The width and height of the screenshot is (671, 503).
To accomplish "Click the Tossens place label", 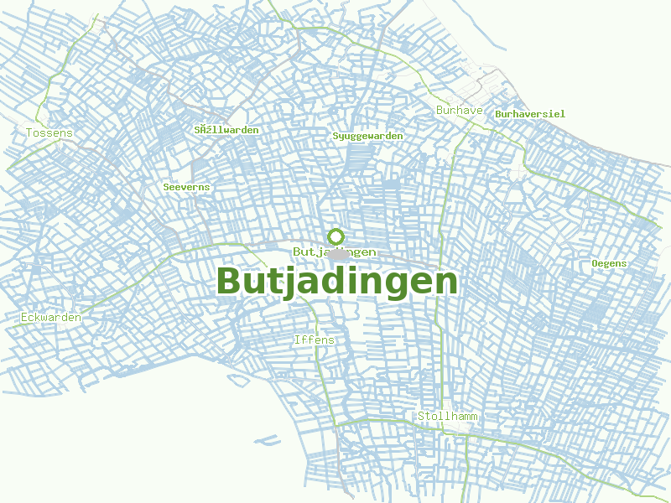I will [x=49, y=133].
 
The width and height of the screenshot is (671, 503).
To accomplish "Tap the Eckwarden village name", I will [x=51, y=318].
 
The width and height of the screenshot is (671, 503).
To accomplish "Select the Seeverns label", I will [x=187, y=187].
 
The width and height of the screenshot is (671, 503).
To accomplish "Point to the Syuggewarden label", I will [x=367, y=136].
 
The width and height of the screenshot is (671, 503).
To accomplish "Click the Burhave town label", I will [x=460, y=111].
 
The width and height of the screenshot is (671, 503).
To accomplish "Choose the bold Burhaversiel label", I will [x=530, y=114].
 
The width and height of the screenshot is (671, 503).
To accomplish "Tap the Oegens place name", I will [x=609, y=263].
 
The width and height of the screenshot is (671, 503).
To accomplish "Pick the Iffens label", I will [x=315, y=340].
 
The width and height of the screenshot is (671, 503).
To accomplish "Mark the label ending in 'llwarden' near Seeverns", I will [x=226, y=130].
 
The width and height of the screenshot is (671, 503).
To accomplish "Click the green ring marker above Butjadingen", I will [x=336, y=236].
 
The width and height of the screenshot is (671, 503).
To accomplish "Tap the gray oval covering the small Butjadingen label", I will [x=338, y=252].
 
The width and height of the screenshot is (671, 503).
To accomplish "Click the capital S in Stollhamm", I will [x=422, y=416].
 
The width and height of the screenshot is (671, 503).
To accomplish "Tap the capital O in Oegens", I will [x=596, y=263].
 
